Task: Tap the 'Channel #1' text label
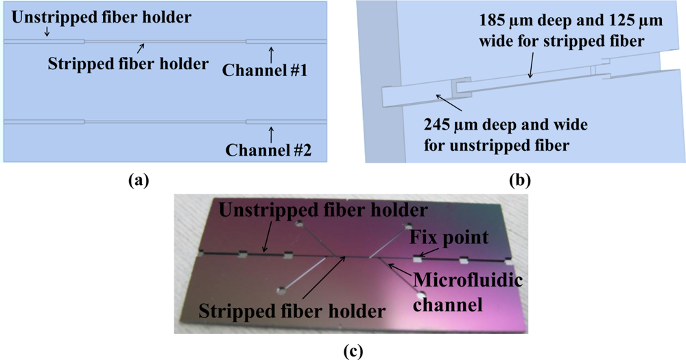(267, 71)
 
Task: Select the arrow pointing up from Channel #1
(272, 53)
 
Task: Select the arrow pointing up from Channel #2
(272, 132)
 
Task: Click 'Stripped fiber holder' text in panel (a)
(128, 64)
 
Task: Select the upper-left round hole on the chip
(298, 224)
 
